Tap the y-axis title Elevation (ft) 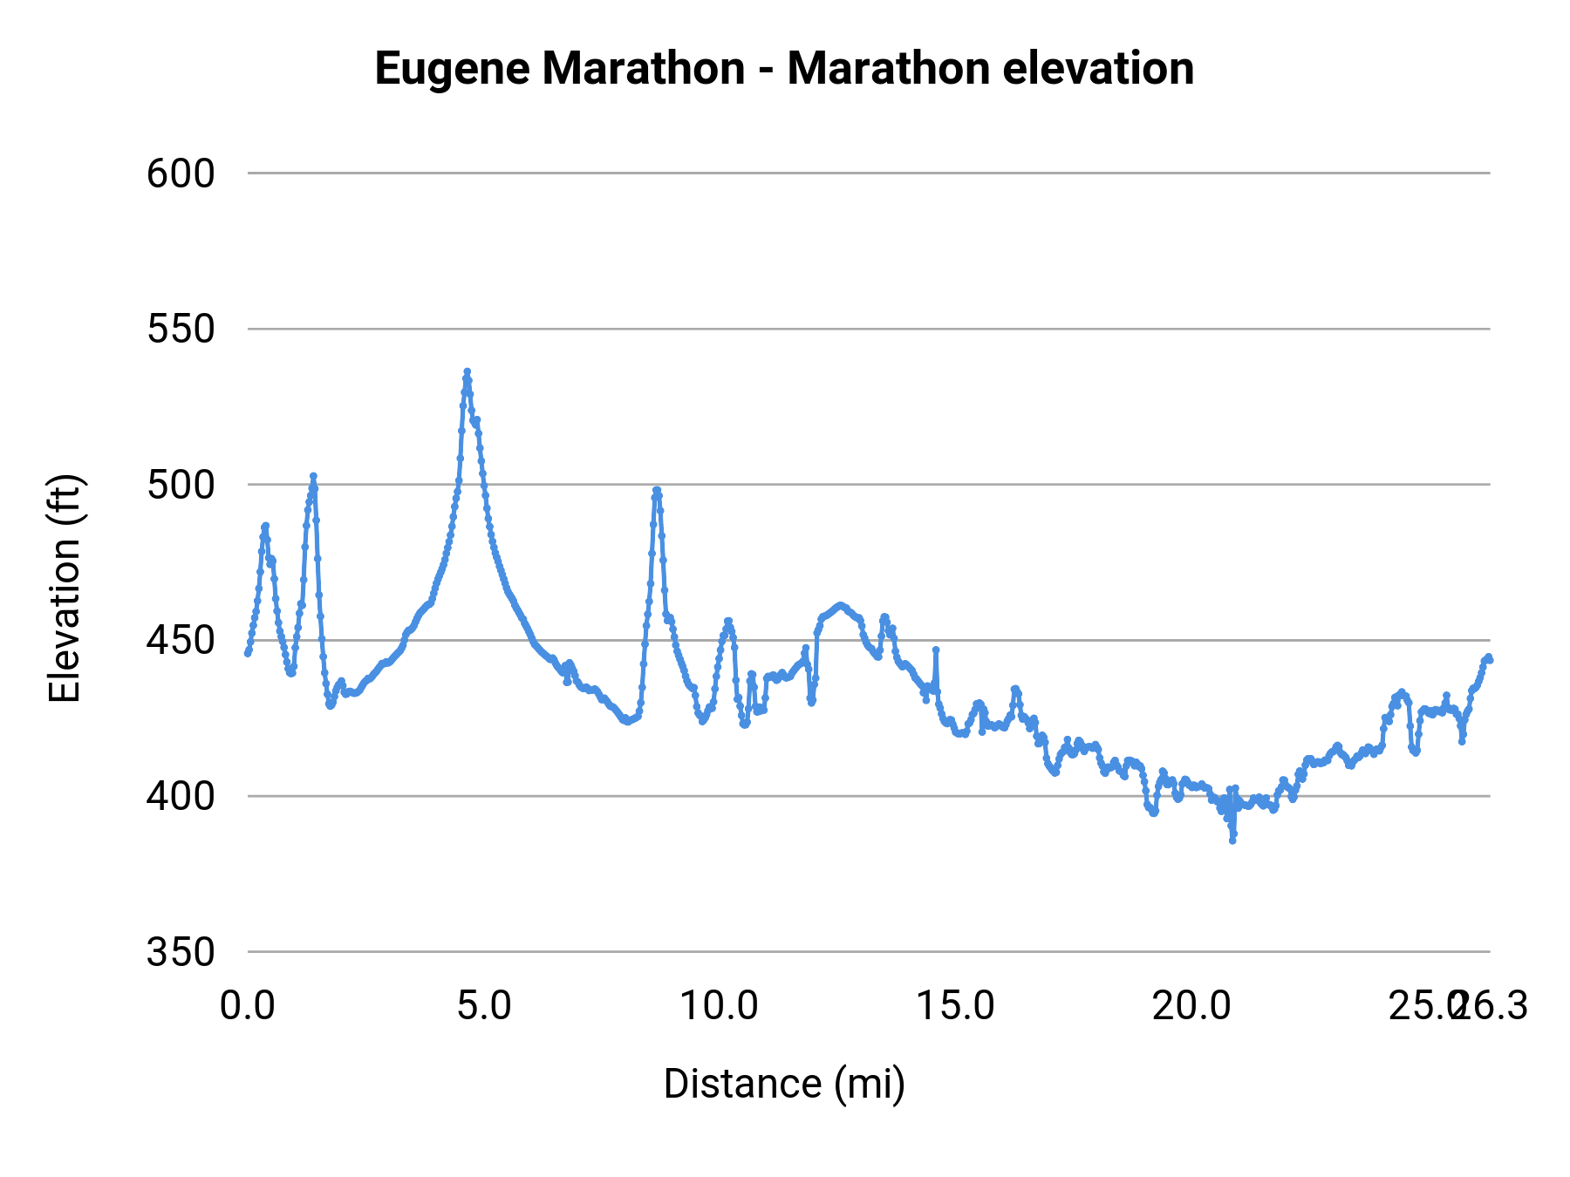(x=65, y=588)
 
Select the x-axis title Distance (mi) (x=784, y=1084)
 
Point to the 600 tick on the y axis (x=181, y=173)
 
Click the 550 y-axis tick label (x=181, y=330)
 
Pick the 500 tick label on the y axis (x=181, y=485)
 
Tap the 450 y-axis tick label (x=181, y=641)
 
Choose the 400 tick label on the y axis (x=181, y=796)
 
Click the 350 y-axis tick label (x=181, y=952)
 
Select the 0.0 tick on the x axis (x=248, y=1006)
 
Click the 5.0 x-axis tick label (x=484, y=1006)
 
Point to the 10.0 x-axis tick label (x=719, y=1006)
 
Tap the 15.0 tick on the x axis (x=955, y=1006)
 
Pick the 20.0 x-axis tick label (x=1191, y=1006)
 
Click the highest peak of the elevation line (x=468, y=371)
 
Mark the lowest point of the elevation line (x=1232, y=840)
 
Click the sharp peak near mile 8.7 (x=657, y=490)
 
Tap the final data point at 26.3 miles (x=1490, y=659)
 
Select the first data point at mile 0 (x=248, y=653)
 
